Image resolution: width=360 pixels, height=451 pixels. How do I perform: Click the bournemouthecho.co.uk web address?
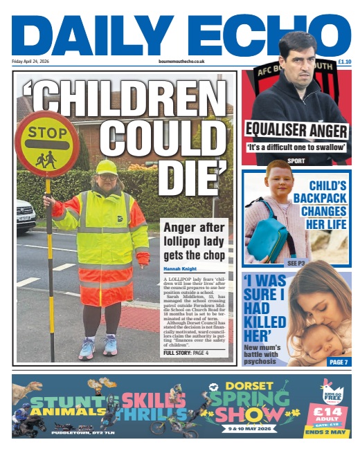181,62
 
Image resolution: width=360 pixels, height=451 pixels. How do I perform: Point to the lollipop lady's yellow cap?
107,167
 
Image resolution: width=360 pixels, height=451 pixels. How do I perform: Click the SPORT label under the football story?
296,160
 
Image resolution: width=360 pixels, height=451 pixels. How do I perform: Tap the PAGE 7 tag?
339,362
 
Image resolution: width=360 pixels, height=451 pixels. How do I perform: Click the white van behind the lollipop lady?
25,215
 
